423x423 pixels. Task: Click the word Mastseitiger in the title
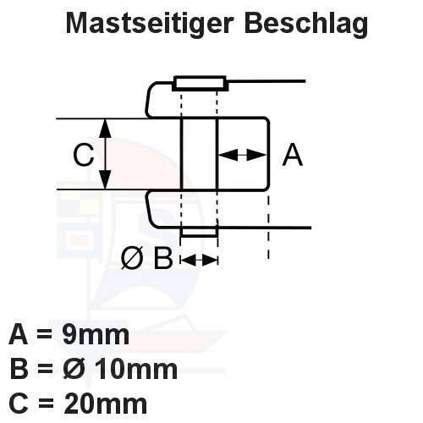tap(150, 24)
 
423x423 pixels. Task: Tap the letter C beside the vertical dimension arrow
tap(83, 155)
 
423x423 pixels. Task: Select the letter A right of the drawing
tap(293, 155)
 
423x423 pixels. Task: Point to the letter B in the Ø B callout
tap(163, 258)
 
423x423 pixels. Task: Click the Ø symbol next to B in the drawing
tap(132, 258)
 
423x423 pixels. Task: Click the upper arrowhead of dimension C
tap(105, 129)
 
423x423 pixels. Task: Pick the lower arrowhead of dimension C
tap(105, 179)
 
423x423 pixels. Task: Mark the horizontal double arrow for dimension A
tap(243, 155)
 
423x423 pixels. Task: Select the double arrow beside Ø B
tap(199, 260)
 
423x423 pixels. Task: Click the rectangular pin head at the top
tap(200, 84)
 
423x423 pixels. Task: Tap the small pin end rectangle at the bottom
tap(199, 232)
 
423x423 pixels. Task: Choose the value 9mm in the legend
tap(96, 335)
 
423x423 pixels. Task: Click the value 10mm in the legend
tap(136, 369)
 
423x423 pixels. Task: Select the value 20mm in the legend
tap(106, 404)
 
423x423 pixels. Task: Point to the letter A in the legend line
tap(19, 335)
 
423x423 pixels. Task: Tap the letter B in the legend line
tap(19, 369)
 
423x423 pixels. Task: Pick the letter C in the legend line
tap(19, 404)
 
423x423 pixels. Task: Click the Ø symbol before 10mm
tap(74, 369)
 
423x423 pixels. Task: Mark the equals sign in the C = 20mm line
tap(45, 404)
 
